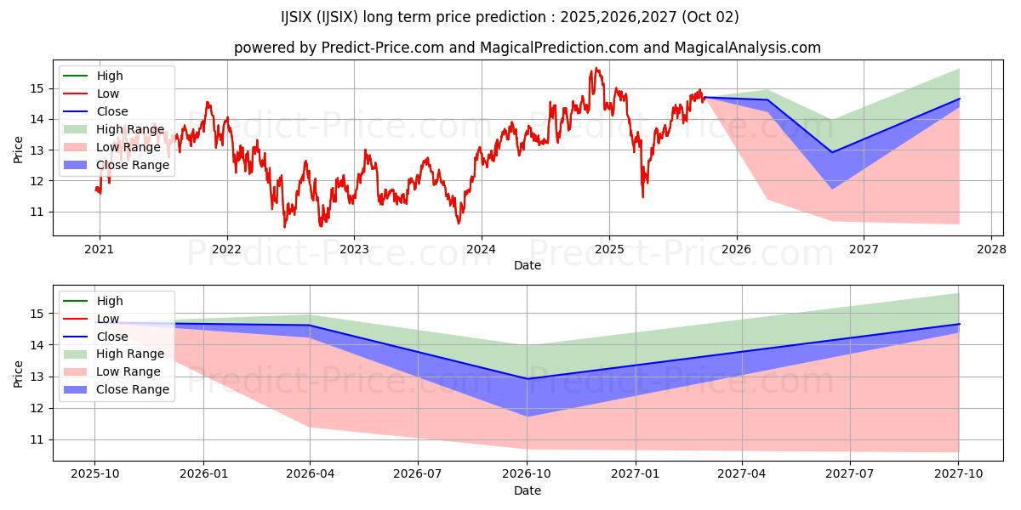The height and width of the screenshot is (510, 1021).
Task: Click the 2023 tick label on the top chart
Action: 354,249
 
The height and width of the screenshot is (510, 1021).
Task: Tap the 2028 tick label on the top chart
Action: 991,249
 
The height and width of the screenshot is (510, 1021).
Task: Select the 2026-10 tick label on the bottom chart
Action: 528,473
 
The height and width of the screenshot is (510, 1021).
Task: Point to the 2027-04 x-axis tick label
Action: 742,473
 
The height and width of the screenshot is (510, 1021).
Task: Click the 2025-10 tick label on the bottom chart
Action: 94,473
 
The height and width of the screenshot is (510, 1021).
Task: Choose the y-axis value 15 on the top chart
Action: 37,88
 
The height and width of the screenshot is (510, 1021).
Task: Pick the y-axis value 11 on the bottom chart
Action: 37,440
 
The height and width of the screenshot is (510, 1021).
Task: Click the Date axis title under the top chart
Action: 528,265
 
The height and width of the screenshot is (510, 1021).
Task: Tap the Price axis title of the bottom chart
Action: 18,374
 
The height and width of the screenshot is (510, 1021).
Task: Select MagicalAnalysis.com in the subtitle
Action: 748,48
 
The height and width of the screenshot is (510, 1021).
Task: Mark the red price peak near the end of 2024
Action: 596,68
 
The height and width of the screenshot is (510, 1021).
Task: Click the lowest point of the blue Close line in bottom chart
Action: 528,379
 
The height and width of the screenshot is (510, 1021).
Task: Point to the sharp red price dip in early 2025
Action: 643,197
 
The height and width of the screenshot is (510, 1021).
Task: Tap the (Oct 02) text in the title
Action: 710,17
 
